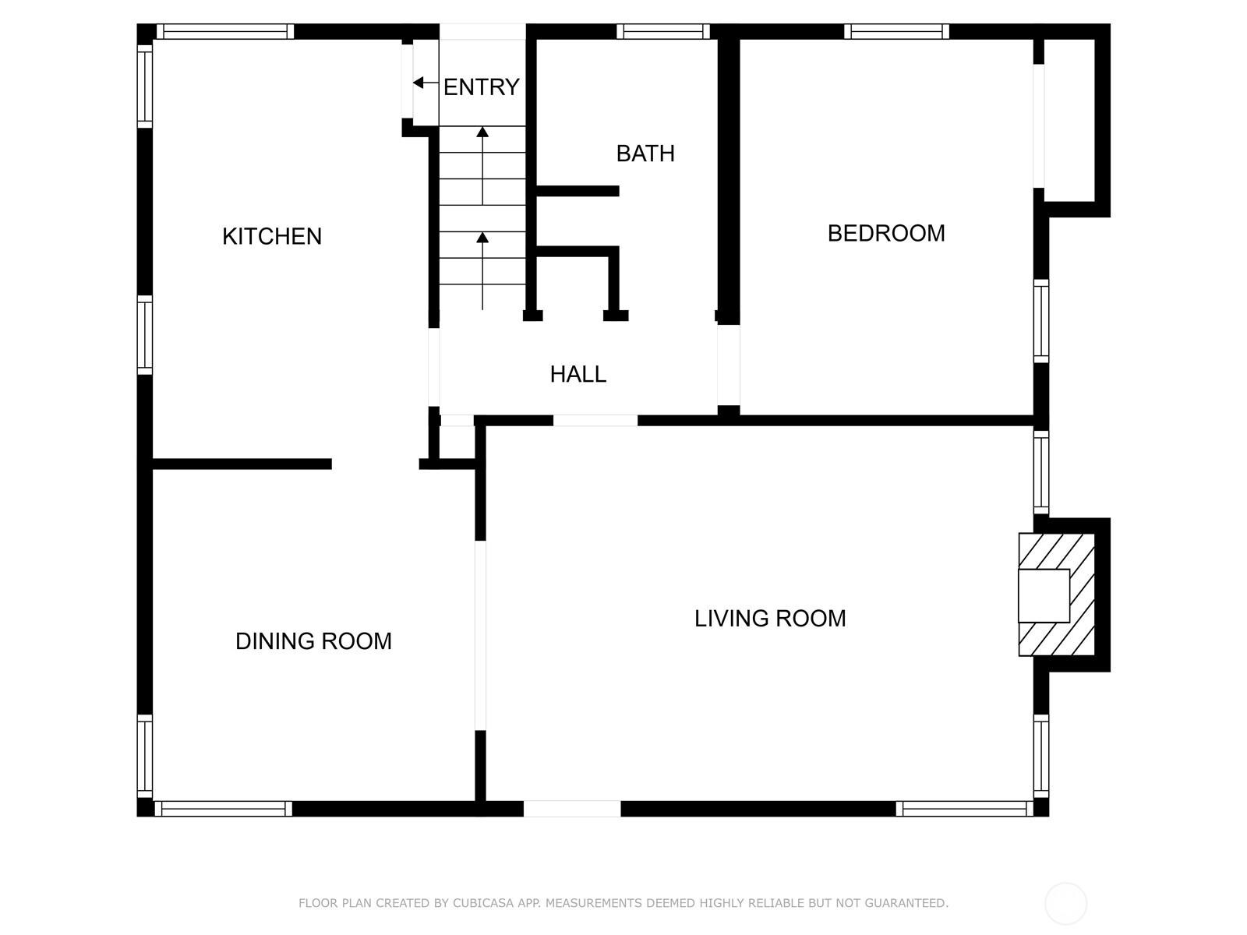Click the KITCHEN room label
[x=271, y=236]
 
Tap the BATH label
[x=645, y=153]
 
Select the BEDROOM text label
[x=886, y=233]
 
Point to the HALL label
[x=578, y=374]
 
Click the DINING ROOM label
[x=313, y=641]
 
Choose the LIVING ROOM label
[x=770, y=618]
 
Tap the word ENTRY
[x=481, y=86]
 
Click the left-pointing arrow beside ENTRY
[x=426, y=83]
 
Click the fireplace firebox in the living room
[x=1044, y=595]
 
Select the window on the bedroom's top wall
[x=896, y=31]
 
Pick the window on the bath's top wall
[x=663, y=31]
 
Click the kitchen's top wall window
[x=225, y=31]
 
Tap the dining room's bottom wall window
[x=223, y=809]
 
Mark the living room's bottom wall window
[x=965, y=809]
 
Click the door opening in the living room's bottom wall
[x=572, y=809]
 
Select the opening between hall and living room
[x=595, y=421]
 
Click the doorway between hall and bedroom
[x=728, y=365]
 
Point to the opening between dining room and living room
[x=480, y=635]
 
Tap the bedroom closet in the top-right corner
[x=1069, y=120]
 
